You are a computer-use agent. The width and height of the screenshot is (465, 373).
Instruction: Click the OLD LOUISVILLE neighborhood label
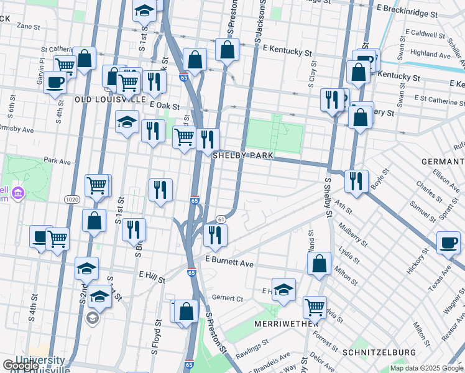pyautogui.click(x=110, y=99)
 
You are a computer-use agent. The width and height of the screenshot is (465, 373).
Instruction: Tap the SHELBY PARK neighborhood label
pyautogui.click(x=244, y=155)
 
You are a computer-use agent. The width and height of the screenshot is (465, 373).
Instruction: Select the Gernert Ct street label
pyautogui.click(x=226, y=298)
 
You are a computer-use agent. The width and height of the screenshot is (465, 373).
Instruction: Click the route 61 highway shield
pyautogui.click(x=221, y=219)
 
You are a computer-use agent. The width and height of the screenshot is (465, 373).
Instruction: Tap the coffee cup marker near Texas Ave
pyautogui.click(x=448, y=243)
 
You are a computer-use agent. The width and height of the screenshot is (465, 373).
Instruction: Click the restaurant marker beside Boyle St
pyautogui.click(x=356, y=181)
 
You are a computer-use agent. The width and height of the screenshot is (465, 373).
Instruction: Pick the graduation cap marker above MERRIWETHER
pyautogui.click(x=283, y=289)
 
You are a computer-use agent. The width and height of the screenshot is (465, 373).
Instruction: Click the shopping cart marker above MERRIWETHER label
pyautogui.click(x=315, y=307)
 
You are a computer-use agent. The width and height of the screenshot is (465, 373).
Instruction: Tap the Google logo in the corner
pyautogui.click(x=20, y=365)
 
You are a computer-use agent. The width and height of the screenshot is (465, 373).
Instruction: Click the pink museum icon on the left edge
pyautogui.click(x=17, y=193)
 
